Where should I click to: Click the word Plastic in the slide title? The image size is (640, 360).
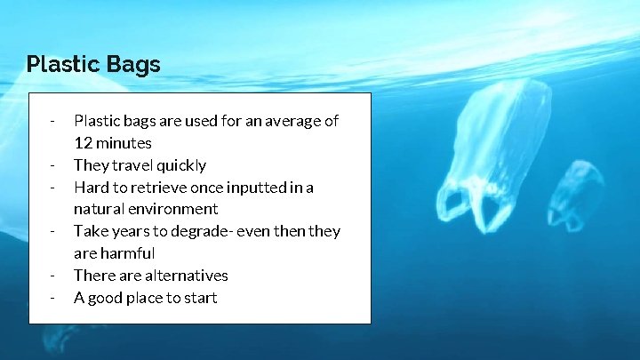pyautogui.click(x=63, y=65)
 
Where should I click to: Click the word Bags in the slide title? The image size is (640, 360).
pyautogui.click(x=132, y=65)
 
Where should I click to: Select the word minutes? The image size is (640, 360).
pyautogui.click(x=124, y=143)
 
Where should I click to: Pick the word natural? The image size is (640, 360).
pyautogui.click(x=99, y=210)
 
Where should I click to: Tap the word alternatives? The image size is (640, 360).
pyautogui.click(x=186, y=276)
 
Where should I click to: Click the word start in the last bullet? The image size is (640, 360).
pyautogui.click(x=200, y=298)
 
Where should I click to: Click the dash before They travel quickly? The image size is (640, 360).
pyautogui.click(x=54, y=165)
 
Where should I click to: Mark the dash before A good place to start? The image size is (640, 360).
pyautogui.click(x=54, y=298)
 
